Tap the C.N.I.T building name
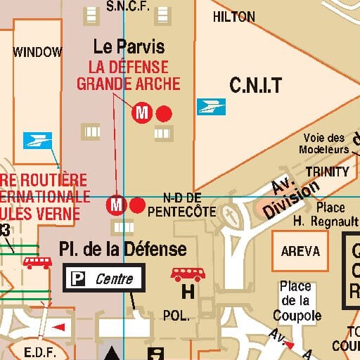point(255,86)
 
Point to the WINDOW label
point(38,51)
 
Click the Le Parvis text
point(129,47)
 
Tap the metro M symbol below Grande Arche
point(143,112)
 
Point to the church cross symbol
point(229,214)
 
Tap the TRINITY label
point(327,172)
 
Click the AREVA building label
point(300,251)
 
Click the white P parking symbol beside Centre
point(74,279)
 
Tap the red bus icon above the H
point(187,274)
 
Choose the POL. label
point(175,316)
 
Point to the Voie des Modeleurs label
point(323,143)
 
